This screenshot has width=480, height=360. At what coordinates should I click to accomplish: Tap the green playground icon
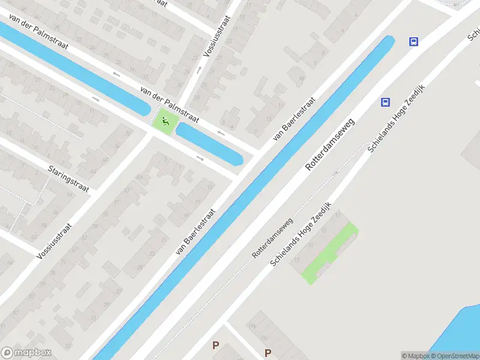pos(164,122)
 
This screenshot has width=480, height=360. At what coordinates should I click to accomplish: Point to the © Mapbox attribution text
pos(415,356)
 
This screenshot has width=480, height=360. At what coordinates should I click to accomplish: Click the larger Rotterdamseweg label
pos(329,145)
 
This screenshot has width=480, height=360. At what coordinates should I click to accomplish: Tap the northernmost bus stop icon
pos(413,41)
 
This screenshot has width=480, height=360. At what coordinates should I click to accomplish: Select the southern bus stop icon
pos(385,102)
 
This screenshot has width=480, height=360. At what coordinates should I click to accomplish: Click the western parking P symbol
pos(215,345)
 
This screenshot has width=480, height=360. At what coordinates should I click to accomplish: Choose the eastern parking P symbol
pos(268,353)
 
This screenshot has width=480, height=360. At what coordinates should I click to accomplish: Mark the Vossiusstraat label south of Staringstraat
pos(54,241)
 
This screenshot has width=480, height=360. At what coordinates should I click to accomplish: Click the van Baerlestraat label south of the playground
pos(195,232)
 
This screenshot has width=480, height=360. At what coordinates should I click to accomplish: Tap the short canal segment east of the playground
pos(209,145)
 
